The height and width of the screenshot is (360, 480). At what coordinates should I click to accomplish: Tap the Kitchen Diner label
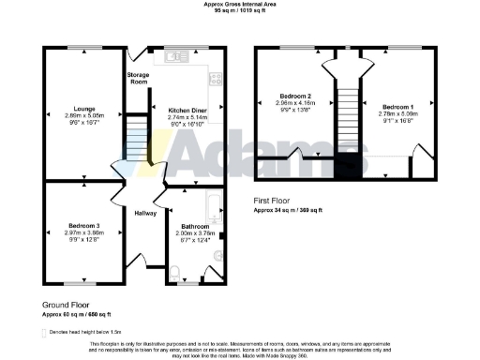188,110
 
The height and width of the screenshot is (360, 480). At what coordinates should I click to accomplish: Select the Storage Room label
139,79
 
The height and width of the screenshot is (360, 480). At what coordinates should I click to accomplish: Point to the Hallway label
144,214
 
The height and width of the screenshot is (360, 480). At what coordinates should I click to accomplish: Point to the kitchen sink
179,57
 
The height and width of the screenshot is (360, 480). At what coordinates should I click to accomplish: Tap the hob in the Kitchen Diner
215,81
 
